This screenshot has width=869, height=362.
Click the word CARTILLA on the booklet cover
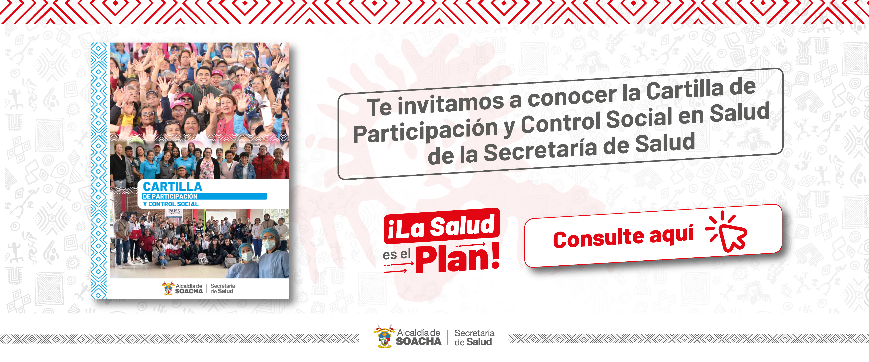click(x=172, y=186)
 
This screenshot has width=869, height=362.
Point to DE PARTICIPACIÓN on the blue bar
click(x=170, y=196)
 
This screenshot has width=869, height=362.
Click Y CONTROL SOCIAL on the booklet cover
click(x=171, y=204)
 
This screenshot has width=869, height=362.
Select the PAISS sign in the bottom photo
click(x=174, y=211)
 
